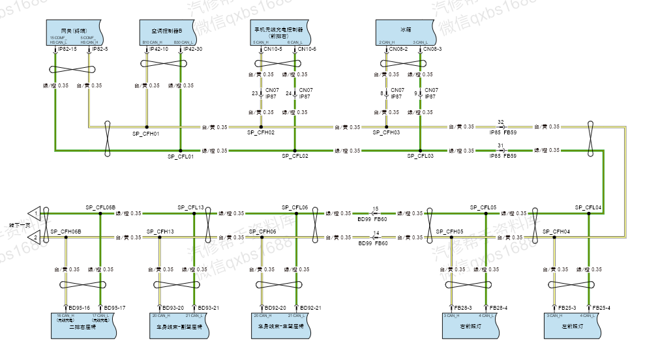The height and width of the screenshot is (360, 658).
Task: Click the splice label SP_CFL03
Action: pos(421,157)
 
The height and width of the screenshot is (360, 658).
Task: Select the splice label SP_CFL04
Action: pos(588,207)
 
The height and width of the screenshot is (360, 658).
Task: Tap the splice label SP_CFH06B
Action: pos(66,232)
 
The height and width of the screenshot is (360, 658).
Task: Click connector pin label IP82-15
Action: pos(68,50)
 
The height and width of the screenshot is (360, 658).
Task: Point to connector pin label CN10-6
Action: pos(307,50)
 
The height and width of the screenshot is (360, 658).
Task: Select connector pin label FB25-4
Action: pos(601,307)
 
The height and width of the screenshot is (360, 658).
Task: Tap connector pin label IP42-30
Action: pos(193,50)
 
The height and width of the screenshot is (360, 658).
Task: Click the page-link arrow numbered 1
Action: pos(33,213)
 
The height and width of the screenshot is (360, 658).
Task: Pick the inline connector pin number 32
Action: pos(500,122)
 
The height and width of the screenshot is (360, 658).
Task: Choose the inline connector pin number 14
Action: pos(376,233)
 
